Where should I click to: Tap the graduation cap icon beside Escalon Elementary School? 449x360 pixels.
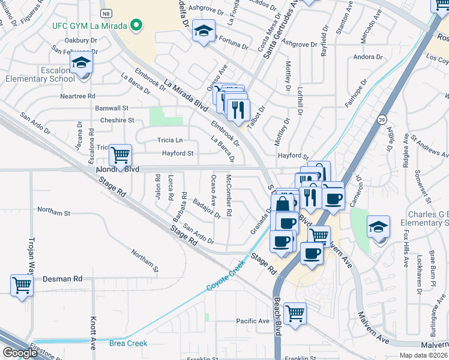pyautogui.click(x=81, y=63)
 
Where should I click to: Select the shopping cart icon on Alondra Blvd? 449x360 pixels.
pyautogui.click(x=121, y=155)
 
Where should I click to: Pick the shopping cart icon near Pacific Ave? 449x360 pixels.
pyautogui.click(x=295, y=313)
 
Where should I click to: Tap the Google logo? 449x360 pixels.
pyautogui.click(x=19, y=353)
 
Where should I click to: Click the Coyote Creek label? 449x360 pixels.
pyautogui.click(x=227, y=275)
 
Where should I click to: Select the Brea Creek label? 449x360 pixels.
pyautogui.click(x=127, y=343)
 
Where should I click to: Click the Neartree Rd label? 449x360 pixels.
pyautogui.click(x=77, y=96)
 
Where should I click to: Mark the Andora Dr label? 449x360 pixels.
pyautogui.click(x=368, y=58)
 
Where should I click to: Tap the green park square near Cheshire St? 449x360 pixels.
pyautogui.click(x=157, y=116)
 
